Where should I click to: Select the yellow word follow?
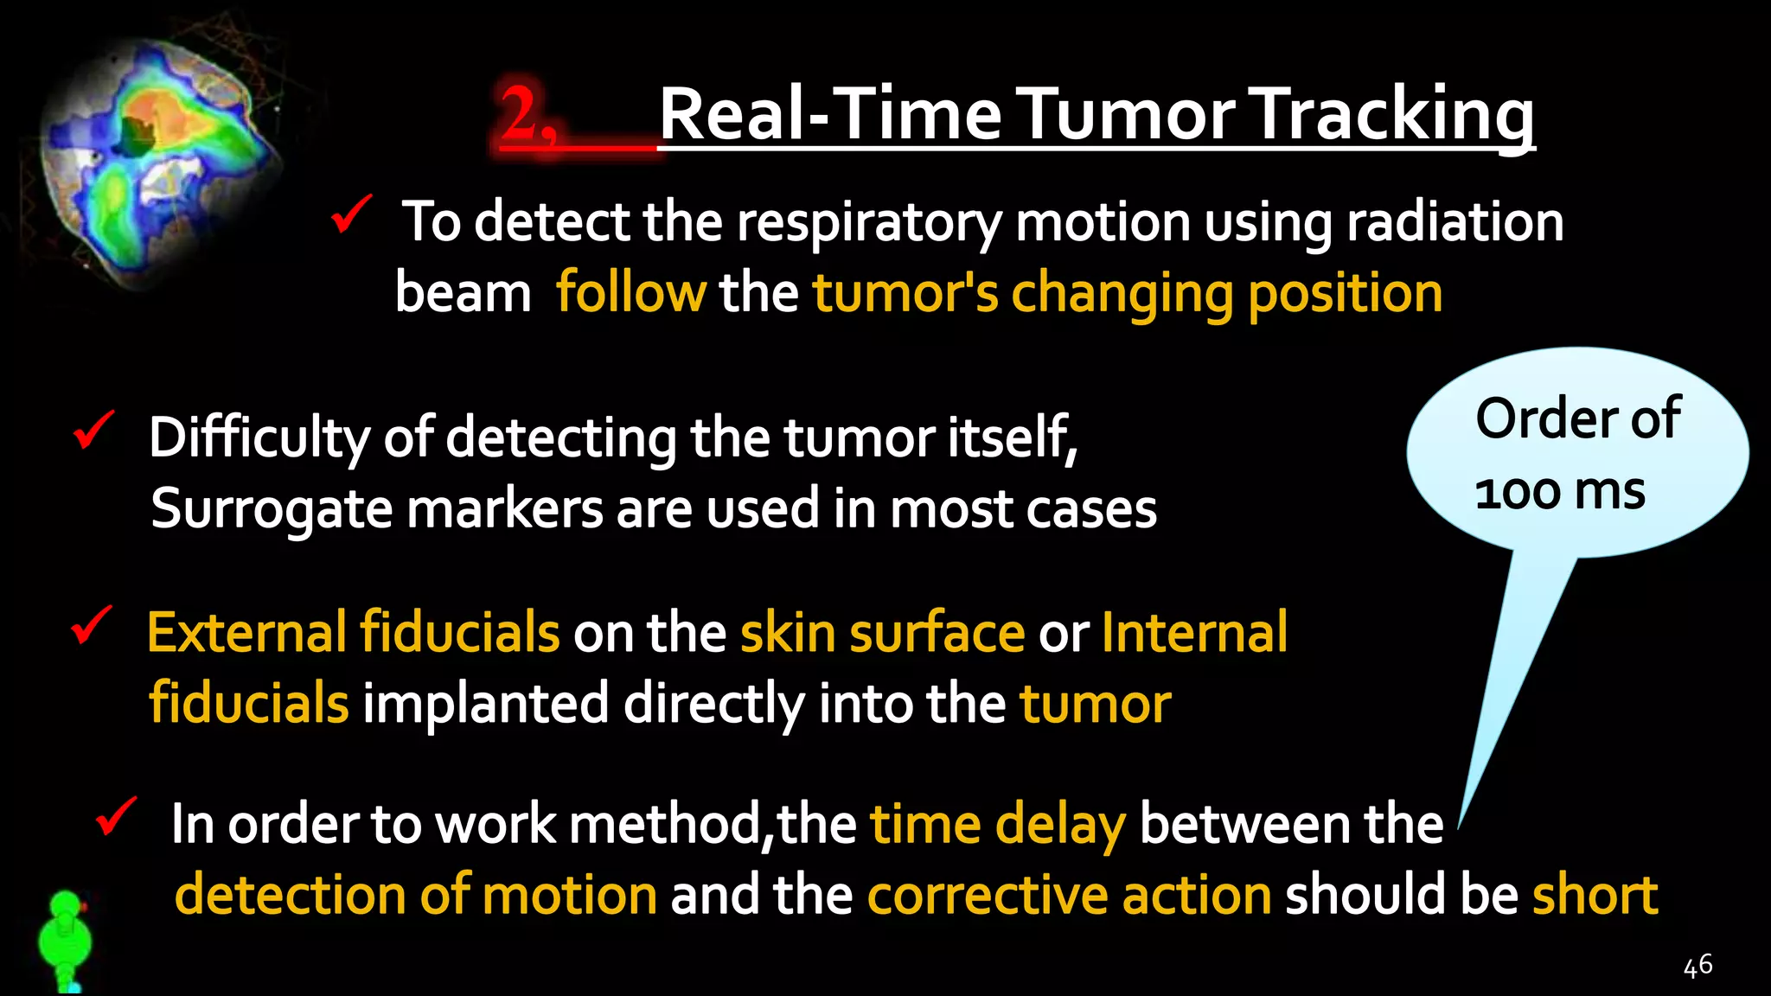(x=630, y=292)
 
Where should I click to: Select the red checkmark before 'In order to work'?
(x=116, y=816)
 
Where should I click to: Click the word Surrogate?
(x=272, y=508)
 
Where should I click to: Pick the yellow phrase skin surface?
(x=882, y=633)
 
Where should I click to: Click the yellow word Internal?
(x=1194, y=633)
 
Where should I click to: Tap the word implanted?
(x=485, y=703)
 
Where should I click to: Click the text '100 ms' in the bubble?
(x=1559, y=492)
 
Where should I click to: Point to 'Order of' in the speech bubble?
(x=1577, y=419)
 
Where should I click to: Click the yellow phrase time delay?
(x=997, y=824)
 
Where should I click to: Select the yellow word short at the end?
(x=1595, y=895)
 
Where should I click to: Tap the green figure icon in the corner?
(x=65, y=942)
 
